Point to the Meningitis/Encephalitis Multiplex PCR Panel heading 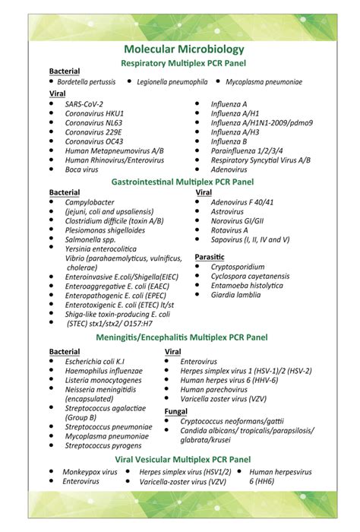(182, 337)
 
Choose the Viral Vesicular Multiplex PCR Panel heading (182, 460)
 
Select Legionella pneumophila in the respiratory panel (172, 81)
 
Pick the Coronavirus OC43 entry (94, 141)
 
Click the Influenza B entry (229, 141)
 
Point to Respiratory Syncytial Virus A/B (260, 160)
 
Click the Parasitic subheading (210, 257)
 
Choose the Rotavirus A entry (229, 230)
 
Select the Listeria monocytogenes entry (103, 379)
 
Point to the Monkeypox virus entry (90, 472)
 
